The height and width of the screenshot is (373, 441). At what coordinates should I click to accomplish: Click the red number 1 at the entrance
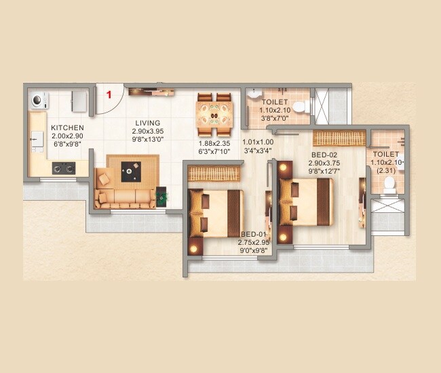click(108, 95)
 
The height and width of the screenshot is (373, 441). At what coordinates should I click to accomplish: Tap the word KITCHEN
click(67, 127)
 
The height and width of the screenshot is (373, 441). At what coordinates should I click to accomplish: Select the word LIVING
click(147, 123)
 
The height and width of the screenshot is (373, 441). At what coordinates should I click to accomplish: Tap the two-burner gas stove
click(63, 169)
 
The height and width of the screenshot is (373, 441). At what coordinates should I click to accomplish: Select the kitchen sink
click(34, 141)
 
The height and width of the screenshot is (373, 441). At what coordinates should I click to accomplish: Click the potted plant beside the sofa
click(162, 196)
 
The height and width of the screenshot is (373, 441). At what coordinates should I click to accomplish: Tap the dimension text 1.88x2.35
click(215, 143)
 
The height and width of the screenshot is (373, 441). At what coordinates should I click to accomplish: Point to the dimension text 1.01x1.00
click(258, 142)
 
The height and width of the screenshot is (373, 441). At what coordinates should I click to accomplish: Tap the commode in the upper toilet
click(305, 106)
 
